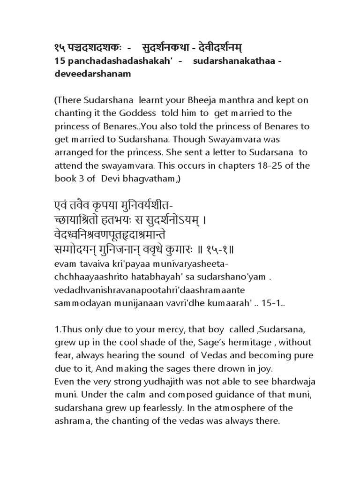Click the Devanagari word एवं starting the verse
[58, 206]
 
